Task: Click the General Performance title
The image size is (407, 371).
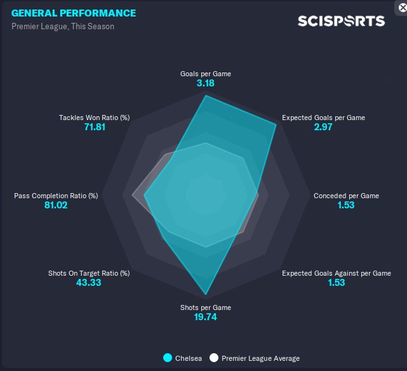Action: (74, 13)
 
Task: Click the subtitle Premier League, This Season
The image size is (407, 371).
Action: (63, 27)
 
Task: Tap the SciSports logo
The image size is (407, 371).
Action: (341, 21)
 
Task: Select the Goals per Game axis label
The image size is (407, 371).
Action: (206, 74)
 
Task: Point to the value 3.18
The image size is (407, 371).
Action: (206, 83)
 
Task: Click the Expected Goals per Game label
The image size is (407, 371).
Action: (323, 118)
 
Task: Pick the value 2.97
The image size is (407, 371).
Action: (323, 127)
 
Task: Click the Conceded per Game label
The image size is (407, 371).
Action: (346, 196)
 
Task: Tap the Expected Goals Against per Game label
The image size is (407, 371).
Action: (337, 273)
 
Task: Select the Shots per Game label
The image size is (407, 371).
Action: (206, 307)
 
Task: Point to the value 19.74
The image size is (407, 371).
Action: (206, 317)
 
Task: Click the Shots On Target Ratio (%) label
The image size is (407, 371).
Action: (89, 273)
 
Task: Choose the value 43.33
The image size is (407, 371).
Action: (88, 283)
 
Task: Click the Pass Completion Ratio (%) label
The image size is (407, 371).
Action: (56, 196)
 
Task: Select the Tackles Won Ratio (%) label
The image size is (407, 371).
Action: (94, 118)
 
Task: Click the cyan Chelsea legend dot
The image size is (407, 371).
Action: (168, 358)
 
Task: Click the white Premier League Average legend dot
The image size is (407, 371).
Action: (214, 358)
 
